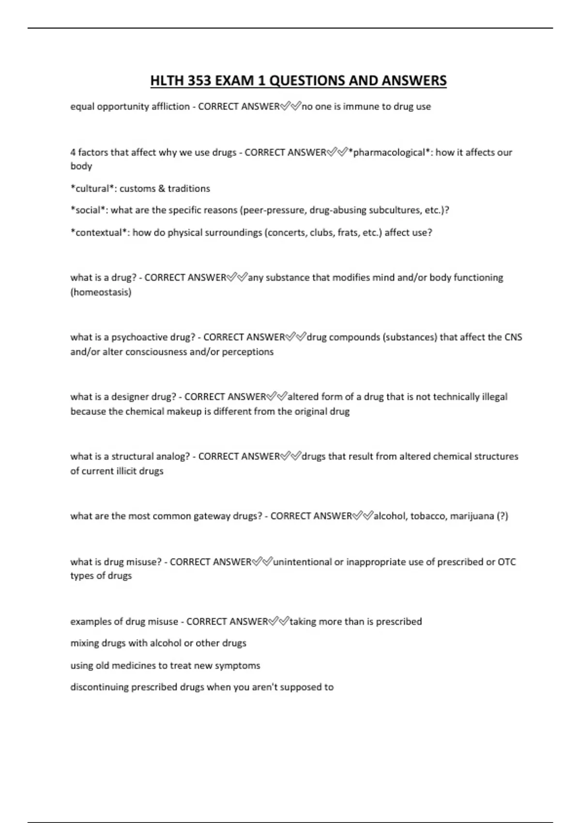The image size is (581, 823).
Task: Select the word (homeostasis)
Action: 101,292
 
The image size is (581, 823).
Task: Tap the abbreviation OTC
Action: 506,562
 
